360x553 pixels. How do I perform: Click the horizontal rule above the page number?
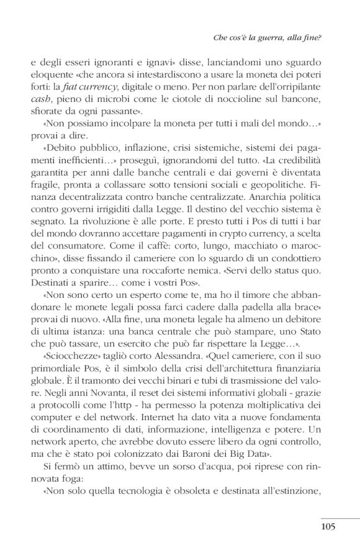click(340, 517)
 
